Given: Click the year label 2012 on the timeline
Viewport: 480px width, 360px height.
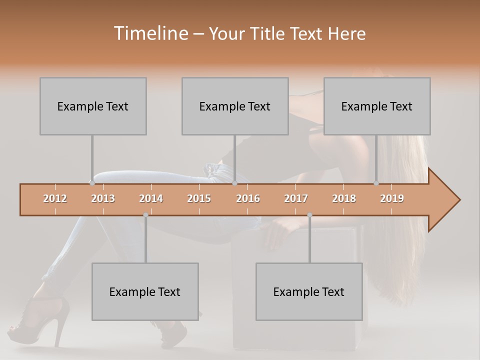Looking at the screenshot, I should (x=55, y=198).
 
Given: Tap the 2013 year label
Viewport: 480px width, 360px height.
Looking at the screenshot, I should (x=103, y=198).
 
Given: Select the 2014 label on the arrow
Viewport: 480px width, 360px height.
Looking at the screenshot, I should (x=151, y=198).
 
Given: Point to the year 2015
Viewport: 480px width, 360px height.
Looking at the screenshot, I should (x=199, y=198).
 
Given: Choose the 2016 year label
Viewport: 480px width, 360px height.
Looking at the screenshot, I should (x=248, y=198).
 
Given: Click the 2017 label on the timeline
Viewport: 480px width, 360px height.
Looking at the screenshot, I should (x=296, y=198).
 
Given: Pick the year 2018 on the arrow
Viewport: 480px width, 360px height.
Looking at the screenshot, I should (x=344, y=198).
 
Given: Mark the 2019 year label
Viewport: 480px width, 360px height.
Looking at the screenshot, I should (x=392, y=198).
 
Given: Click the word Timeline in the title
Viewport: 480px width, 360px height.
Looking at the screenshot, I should (x=150, y=33).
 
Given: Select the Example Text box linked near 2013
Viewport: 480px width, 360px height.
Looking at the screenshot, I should (x=93, y=106).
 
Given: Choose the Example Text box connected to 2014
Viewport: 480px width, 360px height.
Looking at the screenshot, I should (x=145, y=291).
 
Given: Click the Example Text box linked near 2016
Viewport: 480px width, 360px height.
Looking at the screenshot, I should (x=235, y=106).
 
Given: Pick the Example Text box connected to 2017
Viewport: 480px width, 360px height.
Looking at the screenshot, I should (x=309, y=291).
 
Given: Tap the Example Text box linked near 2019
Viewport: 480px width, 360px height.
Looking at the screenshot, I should (x=377, y=106).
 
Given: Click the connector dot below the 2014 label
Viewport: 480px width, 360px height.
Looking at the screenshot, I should (x=145, y=215).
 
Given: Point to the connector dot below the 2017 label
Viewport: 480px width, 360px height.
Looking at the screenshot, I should (x=309, y=215).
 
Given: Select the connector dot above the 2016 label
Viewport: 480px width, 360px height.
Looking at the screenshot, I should (x=234, y=183).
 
